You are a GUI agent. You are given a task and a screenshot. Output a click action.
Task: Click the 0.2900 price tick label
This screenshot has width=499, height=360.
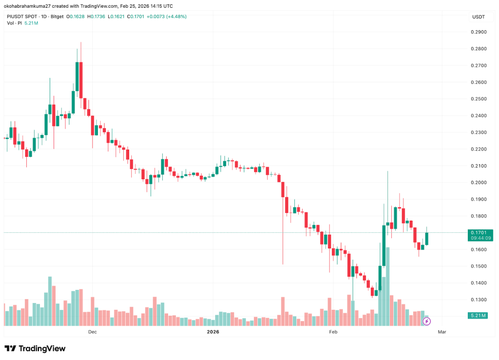pos(479,32)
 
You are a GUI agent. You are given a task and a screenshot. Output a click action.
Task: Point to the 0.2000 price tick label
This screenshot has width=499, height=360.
pos(479,182)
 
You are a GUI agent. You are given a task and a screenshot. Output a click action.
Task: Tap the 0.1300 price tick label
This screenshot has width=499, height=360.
pos(479,300)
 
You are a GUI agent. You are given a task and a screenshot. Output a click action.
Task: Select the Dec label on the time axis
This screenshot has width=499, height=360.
pos(92,332)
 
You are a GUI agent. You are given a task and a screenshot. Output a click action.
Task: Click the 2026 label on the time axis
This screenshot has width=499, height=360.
pos(213,332)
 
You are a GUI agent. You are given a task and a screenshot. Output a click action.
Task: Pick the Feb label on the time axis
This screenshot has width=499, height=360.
pos(333,332)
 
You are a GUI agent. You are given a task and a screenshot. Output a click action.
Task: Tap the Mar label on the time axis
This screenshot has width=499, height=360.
pos(442,332)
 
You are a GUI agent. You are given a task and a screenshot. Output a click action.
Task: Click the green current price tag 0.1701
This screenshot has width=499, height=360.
pos(478,233)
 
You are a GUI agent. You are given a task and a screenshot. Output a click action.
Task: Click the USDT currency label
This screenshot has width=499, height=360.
pos(478,17)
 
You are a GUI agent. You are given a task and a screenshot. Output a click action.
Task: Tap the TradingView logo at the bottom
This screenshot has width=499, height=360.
pos(35,348)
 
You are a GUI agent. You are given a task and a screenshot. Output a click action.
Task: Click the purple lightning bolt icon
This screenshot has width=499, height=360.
pos(427,321)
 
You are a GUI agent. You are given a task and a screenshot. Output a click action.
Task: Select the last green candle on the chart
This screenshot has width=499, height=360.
pos(427,238)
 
